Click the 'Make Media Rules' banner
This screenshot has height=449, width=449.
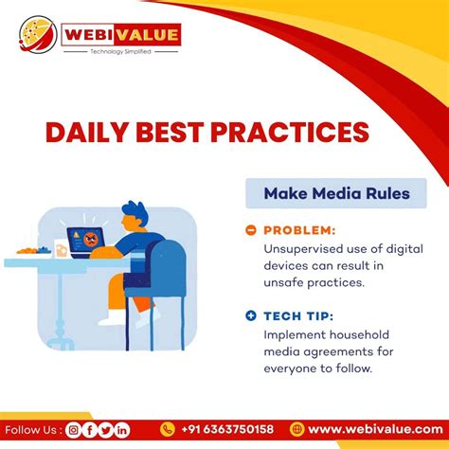pyautogui.click(x=336, y=194)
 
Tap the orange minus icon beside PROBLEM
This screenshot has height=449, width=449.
pyautogui.click(x=251, y=229)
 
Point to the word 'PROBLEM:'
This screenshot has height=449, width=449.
pyautogui.click(x=298, y=229)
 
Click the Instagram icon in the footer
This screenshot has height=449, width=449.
pyautogui.click(x=73, y=430)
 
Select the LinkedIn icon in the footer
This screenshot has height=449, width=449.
pyautogui.click(x=122, y=430)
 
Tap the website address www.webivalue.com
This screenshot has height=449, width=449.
pyautogui.click(x=372, y=430)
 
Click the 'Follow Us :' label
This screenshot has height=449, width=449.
pyautogui.click(x=32, y=430)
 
